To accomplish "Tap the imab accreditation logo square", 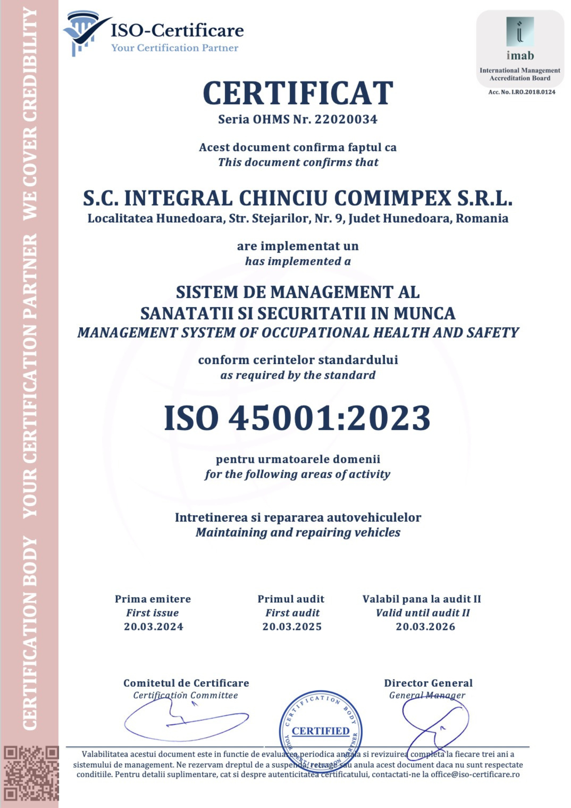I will tap(520, 32).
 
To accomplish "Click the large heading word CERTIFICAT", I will tap(298, 93).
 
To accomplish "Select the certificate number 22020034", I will tap(346, 120).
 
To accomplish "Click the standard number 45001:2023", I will tap(329, 418).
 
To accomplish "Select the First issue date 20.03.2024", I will tap(153, 627).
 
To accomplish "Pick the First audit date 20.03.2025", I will tap(292, 627).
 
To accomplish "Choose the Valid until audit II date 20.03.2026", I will tap(425, 627).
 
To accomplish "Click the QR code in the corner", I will tap(31, 774).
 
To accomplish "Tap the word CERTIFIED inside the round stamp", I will tap(320, 731).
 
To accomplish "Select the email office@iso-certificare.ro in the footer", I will tap(475, 774).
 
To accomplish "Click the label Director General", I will tap(428, 683).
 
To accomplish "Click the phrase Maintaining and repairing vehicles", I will tap(298, 532).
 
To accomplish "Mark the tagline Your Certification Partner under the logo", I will tap(175, 48).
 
